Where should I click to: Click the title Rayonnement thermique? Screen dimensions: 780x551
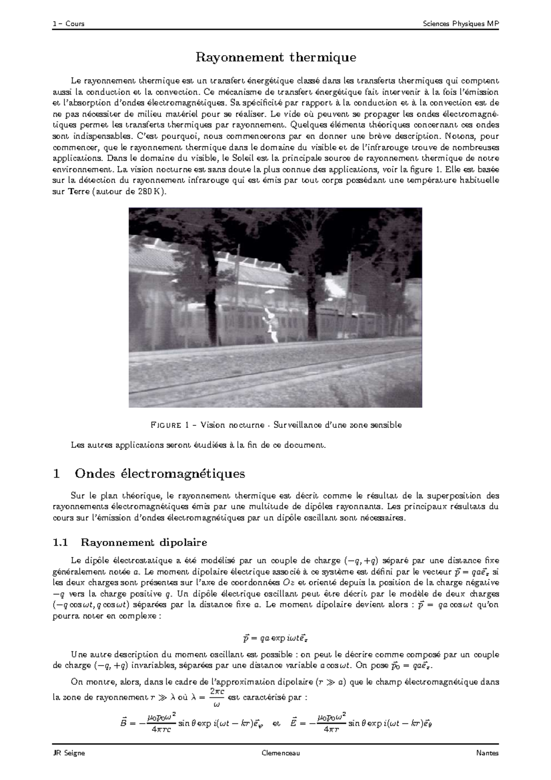coord(276,57)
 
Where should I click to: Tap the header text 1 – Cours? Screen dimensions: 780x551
coord(68,24)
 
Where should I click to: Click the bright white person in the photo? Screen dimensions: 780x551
coord(271,325)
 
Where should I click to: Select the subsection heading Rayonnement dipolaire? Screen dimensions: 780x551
coord(144,543)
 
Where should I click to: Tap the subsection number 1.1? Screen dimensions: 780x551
coord(61,543)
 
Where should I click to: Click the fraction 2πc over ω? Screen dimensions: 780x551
coord(216,697)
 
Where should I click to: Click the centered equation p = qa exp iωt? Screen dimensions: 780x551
coord(275,638)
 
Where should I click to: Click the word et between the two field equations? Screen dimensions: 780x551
coord(276,723)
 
